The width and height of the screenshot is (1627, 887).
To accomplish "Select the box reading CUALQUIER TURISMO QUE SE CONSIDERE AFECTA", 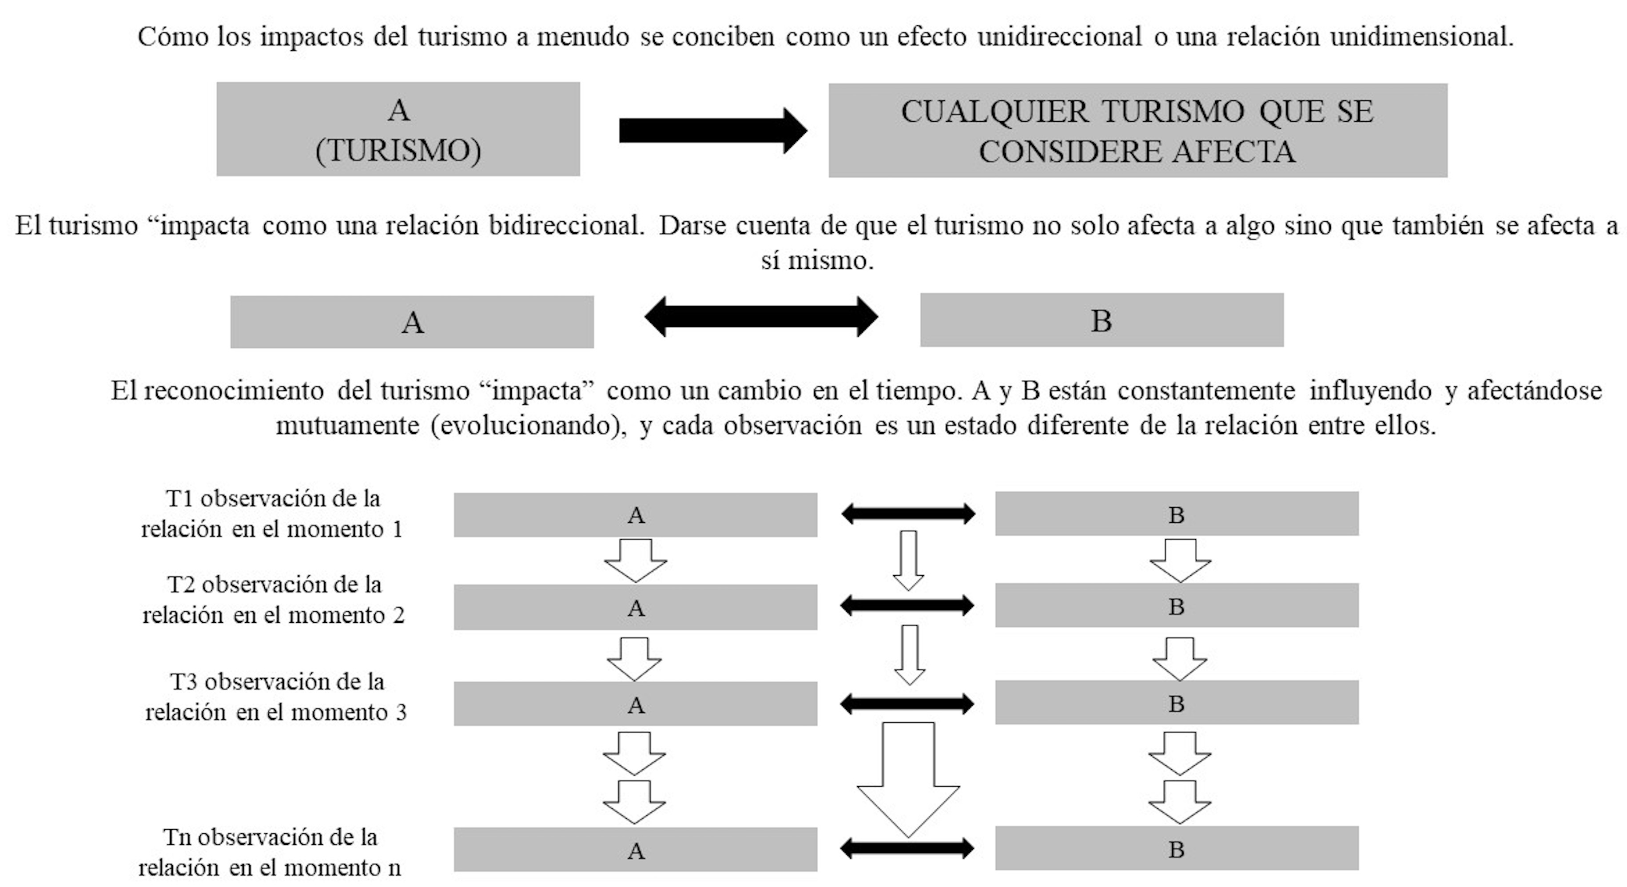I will click(x=1138, y=130).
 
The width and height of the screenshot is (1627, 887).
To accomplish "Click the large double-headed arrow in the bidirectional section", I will click(x=761, y=317).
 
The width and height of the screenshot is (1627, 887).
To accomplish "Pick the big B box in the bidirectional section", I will click(x=1102, y=320).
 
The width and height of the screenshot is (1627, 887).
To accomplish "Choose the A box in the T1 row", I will click(x=636, y=515).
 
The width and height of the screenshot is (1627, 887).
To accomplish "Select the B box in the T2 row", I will click(x=1176, y=606).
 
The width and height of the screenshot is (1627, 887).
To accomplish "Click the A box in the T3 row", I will click(x=636, y=704).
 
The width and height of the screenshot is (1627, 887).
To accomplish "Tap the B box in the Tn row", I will click(x=1176, y=848).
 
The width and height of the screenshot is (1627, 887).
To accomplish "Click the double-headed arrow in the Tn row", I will click(x=907, y=848).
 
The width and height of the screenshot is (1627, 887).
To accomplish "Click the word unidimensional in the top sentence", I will click(x=1421, y=36).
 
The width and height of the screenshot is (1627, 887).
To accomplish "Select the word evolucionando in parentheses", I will click(x=528, y=425).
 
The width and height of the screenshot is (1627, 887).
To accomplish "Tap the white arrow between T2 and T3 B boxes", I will click(x=1179, y=658).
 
